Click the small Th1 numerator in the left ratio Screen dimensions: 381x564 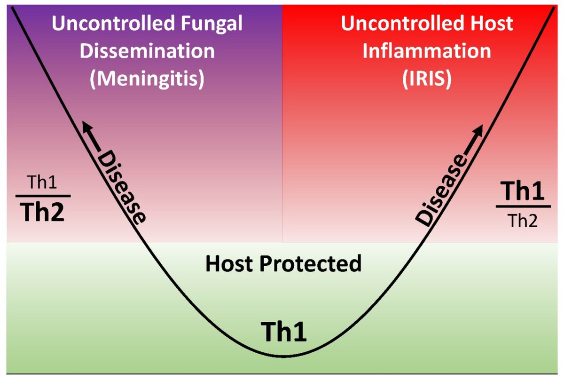[x=43, y=184]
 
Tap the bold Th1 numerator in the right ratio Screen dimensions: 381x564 [x=523, y=192]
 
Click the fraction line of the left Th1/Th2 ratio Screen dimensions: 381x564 [x=43, y=196]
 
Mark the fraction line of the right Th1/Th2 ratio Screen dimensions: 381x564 [x=523, y=206]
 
